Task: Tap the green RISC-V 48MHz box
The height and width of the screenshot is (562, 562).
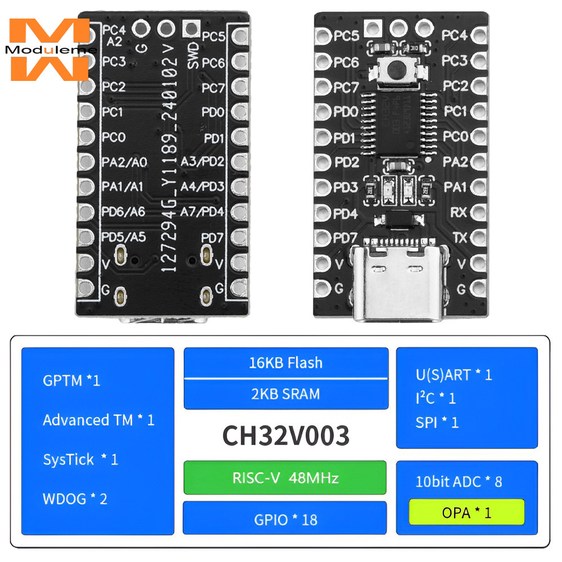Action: [x=285, y=478]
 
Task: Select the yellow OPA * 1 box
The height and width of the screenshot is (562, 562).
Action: [x=466, y=512]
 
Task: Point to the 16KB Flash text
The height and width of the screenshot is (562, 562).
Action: [x=285, y=362]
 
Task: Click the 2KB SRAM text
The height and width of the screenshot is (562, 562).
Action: [x=285, y=394]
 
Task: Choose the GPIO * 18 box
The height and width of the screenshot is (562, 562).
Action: [x=285, y=519]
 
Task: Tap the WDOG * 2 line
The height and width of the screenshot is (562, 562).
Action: [x=75, y=498]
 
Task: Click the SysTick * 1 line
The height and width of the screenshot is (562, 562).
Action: [x=80, y=460]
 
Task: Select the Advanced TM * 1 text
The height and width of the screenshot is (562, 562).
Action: [x=98, y=420]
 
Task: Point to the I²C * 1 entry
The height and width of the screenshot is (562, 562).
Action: [x=436, y=398]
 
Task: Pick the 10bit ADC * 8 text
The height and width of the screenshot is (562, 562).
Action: [x=459, y=481]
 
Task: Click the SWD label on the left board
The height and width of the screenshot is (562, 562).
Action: [x=193, y=55]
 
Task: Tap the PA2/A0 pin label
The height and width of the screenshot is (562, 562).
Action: [x=124, y=162]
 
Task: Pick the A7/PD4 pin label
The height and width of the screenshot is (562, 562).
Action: [x=202, y=212]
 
